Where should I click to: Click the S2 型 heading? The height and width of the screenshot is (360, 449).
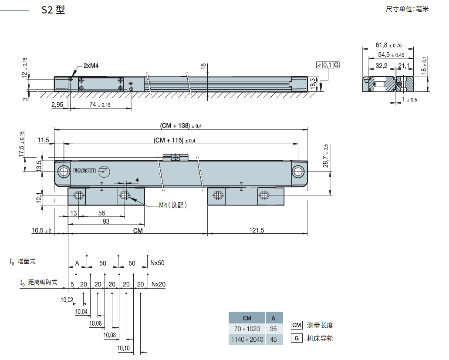pos(53,10)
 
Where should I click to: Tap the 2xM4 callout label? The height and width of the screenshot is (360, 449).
pos(91,66)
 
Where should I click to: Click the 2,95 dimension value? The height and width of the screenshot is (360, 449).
pos(57,105)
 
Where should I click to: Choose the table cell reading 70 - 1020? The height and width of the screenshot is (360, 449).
pos(246,329)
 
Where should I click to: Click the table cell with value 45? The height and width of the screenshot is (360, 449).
pos(273,339)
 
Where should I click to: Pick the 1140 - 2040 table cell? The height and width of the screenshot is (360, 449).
pos(246,339)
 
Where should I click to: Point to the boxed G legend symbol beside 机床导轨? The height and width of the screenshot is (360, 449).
pos(297,338)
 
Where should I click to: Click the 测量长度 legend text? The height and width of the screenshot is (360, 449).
pos(320,325)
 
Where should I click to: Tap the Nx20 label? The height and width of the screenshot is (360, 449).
pos(158,284)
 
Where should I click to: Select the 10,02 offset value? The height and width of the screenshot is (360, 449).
pos(67,300)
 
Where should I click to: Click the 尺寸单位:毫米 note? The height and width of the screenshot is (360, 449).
pos(407,9)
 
